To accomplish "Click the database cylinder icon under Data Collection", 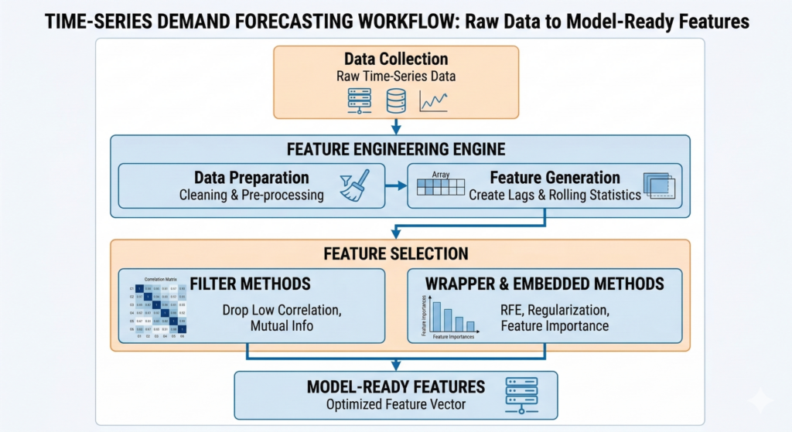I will [395, 100].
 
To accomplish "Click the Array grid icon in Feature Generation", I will [441, 186].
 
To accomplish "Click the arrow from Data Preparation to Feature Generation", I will [396, 186].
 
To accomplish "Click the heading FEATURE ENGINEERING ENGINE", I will [395, 149].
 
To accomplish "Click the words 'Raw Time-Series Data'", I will [395, 77].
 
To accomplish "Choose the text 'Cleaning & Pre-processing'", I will [251, 195].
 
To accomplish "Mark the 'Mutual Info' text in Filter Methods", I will [282, 325].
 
